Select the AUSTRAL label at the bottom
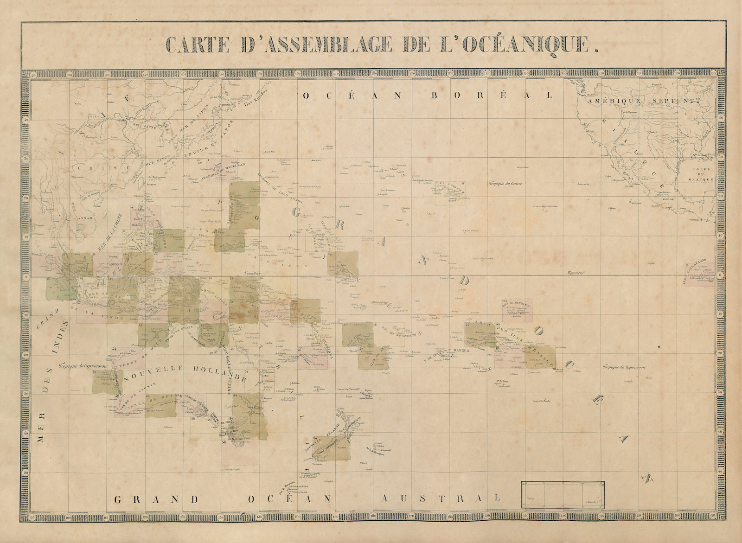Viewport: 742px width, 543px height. point(440,498)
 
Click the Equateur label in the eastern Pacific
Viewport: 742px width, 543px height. point(575,273)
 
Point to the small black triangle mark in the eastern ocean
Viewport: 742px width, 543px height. point(658,347)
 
